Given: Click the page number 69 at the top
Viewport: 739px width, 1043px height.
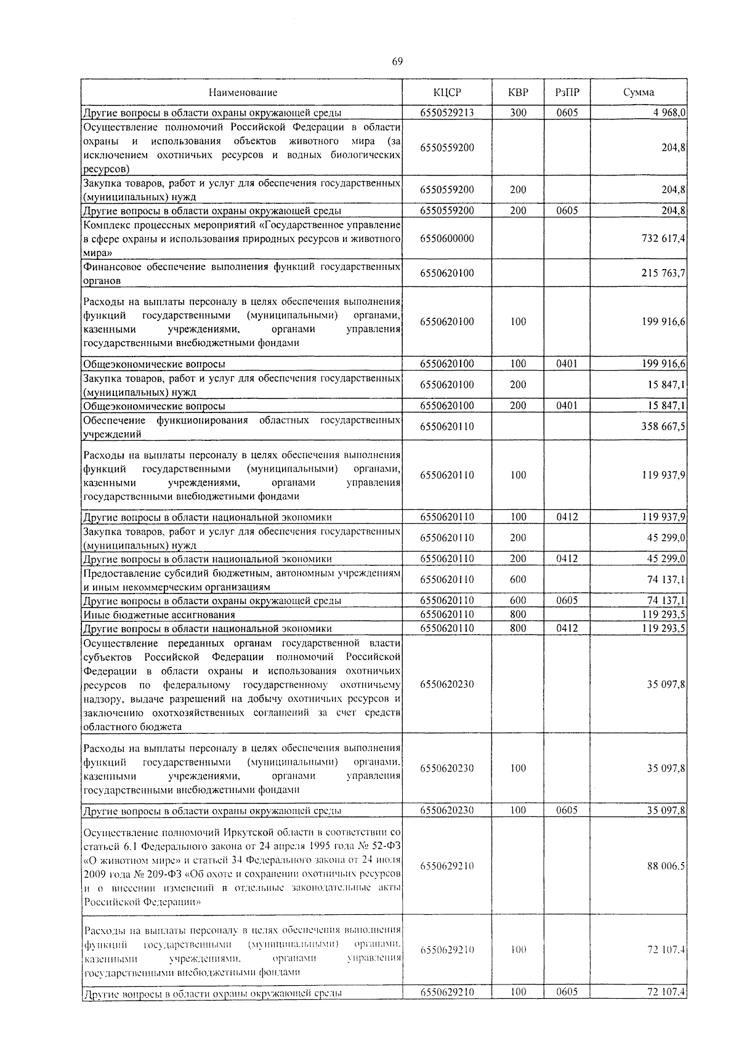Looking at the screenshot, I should (x=397, y=61).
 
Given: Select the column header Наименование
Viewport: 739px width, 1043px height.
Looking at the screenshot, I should (x=243, y=92).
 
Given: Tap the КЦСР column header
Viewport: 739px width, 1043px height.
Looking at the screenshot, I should (x=447, y=92).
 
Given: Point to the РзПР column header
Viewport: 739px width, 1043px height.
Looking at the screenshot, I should (x=567, y=92).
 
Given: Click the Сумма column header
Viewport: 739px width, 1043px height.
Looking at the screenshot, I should (x=638, y=92).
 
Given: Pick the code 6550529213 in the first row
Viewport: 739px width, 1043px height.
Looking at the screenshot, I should (x=447, y=113).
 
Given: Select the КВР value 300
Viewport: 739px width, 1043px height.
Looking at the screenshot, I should (x=518, y=113).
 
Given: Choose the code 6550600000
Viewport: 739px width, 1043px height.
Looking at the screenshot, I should (x=447, y=238).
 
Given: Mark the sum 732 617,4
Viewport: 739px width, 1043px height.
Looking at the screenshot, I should (x=664, y=238).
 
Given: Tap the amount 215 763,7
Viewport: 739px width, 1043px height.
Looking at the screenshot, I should (x=664, y=273).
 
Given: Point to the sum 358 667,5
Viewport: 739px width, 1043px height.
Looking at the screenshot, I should (x=664, y=426).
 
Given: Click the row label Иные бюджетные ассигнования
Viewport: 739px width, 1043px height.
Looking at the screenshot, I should (x=159, y=614).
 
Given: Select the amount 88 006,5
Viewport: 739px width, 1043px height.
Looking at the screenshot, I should (x=666, y=866).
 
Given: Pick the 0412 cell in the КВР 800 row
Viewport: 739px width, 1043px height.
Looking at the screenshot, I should (x=567, y=628).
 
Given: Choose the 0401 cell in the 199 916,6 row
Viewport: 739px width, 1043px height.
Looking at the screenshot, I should (x=567, y=363).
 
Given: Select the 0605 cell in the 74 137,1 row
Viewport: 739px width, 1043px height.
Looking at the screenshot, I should (x=567, y=600).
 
